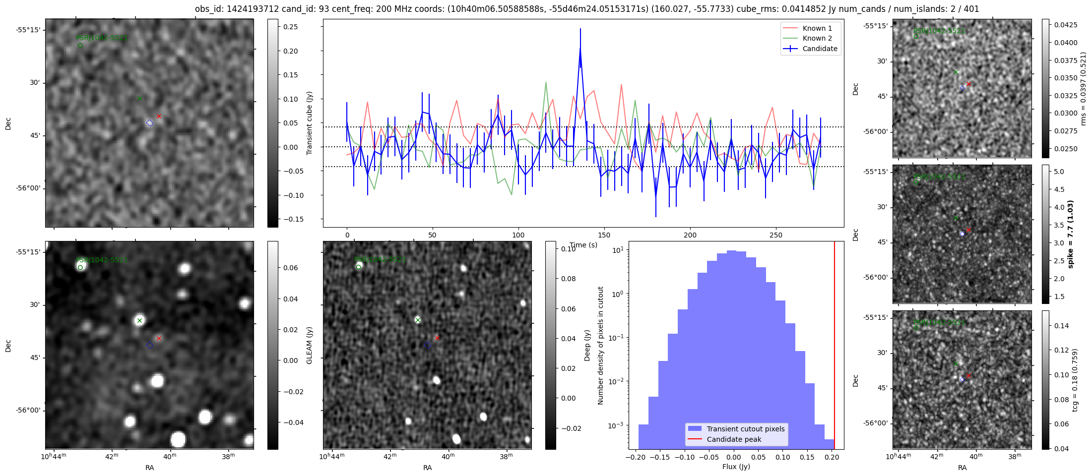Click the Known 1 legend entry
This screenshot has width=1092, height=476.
point(817,28)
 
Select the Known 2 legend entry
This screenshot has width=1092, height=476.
point(817,38)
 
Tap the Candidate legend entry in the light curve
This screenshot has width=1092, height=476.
point(820,49)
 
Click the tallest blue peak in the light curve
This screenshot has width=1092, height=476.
point(580,49)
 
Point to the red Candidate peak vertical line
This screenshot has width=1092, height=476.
point(835,347)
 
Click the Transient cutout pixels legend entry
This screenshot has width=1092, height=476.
point(745,429)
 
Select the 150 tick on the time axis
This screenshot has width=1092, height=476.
point(604,235)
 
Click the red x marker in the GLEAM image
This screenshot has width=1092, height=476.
point(159,338)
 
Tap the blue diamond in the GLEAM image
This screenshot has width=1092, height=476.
point(150,345)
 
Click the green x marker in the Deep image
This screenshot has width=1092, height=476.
point(418,320)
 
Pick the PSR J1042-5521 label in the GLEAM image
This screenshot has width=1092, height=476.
point(102,260)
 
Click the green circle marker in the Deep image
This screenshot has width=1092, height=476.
point(359,267)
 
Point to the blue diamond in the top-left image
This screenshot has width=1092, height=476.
point(150,123)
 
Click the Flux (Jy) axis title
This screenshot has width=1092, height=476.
point(736,467)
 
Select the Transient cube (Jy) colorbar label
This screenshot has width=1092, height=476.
point(310,123)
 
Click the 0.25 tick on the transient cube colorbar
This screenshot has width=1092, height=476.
point(291,27)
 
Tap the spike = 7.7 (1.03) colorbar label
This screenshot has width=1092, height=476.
point(1070,234)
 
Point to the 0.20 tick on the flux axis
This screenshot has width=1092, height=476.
point(832,457)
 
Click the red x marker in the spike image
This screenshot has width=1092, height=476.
point(968,230)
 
